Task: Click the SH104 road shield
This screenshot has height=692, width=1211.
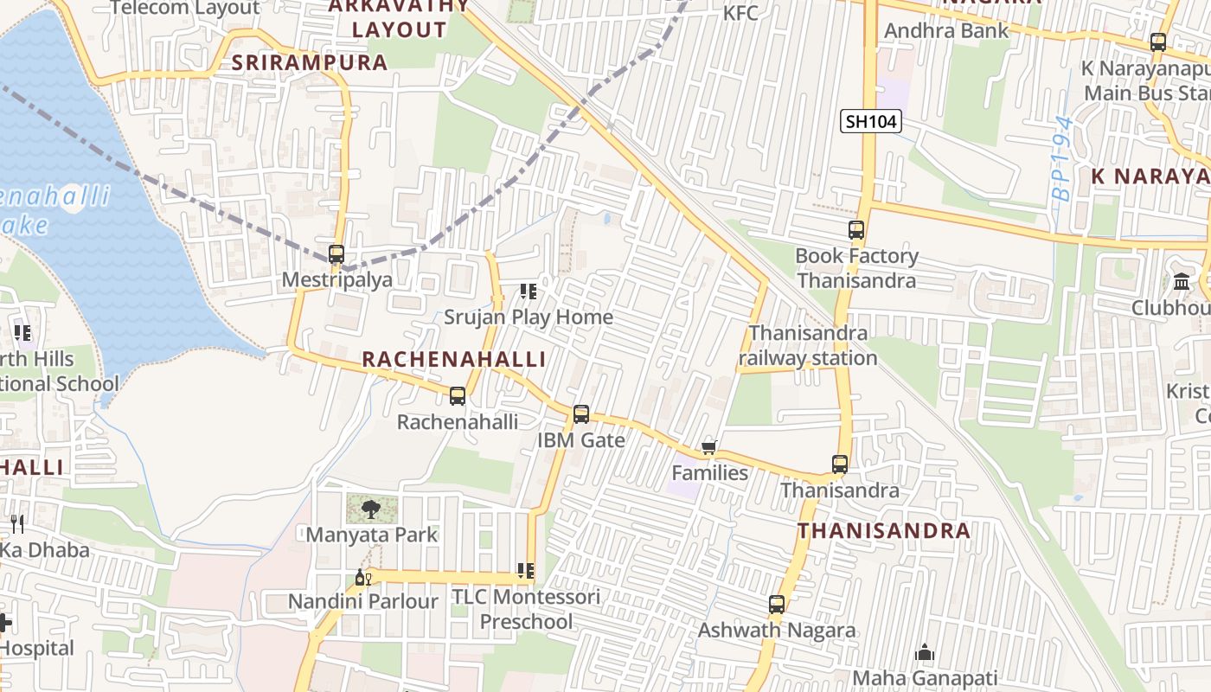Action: coord(871,121)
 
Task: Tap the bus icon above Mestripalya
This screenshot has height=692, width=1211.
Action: coord(336,254)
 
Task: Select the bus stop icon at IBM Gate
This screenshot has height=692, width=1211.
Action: coord(581,414)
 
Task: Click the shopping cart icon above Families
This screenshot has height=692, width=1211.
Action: coord(709,447)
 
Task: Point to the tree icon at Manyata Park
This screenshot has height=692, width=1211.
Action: coord(370,509)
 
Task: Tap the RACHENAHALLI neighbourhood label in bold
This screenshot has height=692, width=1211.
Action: coord(453,359)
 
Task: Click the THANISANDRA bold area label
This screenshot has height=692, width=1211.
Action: coord(883,530)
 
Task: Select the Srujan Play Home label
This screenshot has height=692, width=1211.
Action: coord(529,317)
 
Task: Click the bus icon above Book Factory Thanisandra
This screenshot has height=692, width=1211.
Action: coord(856,230)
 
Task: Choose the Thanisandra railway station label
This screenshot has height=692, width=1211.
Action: coord(808,345)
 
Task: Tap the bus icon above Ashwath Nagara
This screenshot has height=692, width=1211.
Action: coord(777,605)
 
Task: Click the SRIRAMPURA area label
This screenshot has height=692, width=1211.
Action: coord(310,62)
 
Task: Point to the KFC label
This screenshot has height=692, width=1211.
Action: coord(740,13)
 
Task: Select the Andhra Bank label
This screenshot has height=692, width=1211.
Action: coord(946,31)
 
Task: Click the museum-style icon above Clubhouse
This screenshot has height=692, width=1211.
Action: coord(1182,282)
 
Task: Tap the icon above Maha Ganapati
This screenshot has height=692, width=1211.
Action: coord(925,652)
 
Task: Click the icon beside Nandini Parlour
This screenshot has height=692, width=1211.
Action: coord(363,577)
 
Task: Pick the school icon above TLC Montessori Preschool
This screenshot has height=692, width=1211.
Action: coord(526,571)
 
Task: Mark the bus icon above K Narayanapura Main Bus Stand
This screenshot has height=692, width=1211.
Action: coord(1157,42)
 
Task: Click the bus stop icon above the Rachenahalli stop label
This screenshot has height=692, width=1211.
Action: coord(458,396)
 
